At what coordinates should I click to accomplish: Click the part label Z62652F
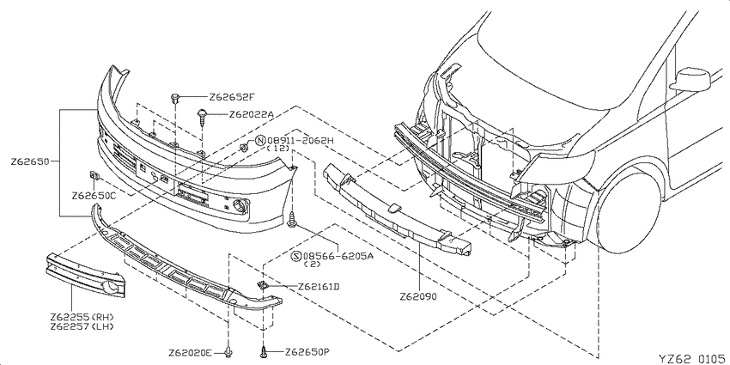click(232, 97)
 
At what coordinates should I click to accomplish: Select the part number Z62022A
click(252, 114)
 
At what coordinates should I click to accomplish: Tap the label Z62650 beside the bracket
click(30, 161)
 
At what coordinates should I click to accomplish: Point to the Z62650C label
click(94, 196)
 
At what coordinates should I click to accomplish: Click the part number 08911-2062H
click(301, 140)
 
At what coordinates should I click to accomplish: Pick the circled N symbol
click(260, 140)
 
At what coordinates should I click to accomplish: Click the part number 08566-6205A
click(338, 256)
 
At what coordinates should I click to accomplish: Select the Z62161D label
click(319, 286)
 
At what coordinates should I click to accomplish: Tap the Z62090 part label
click(418, 296)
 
